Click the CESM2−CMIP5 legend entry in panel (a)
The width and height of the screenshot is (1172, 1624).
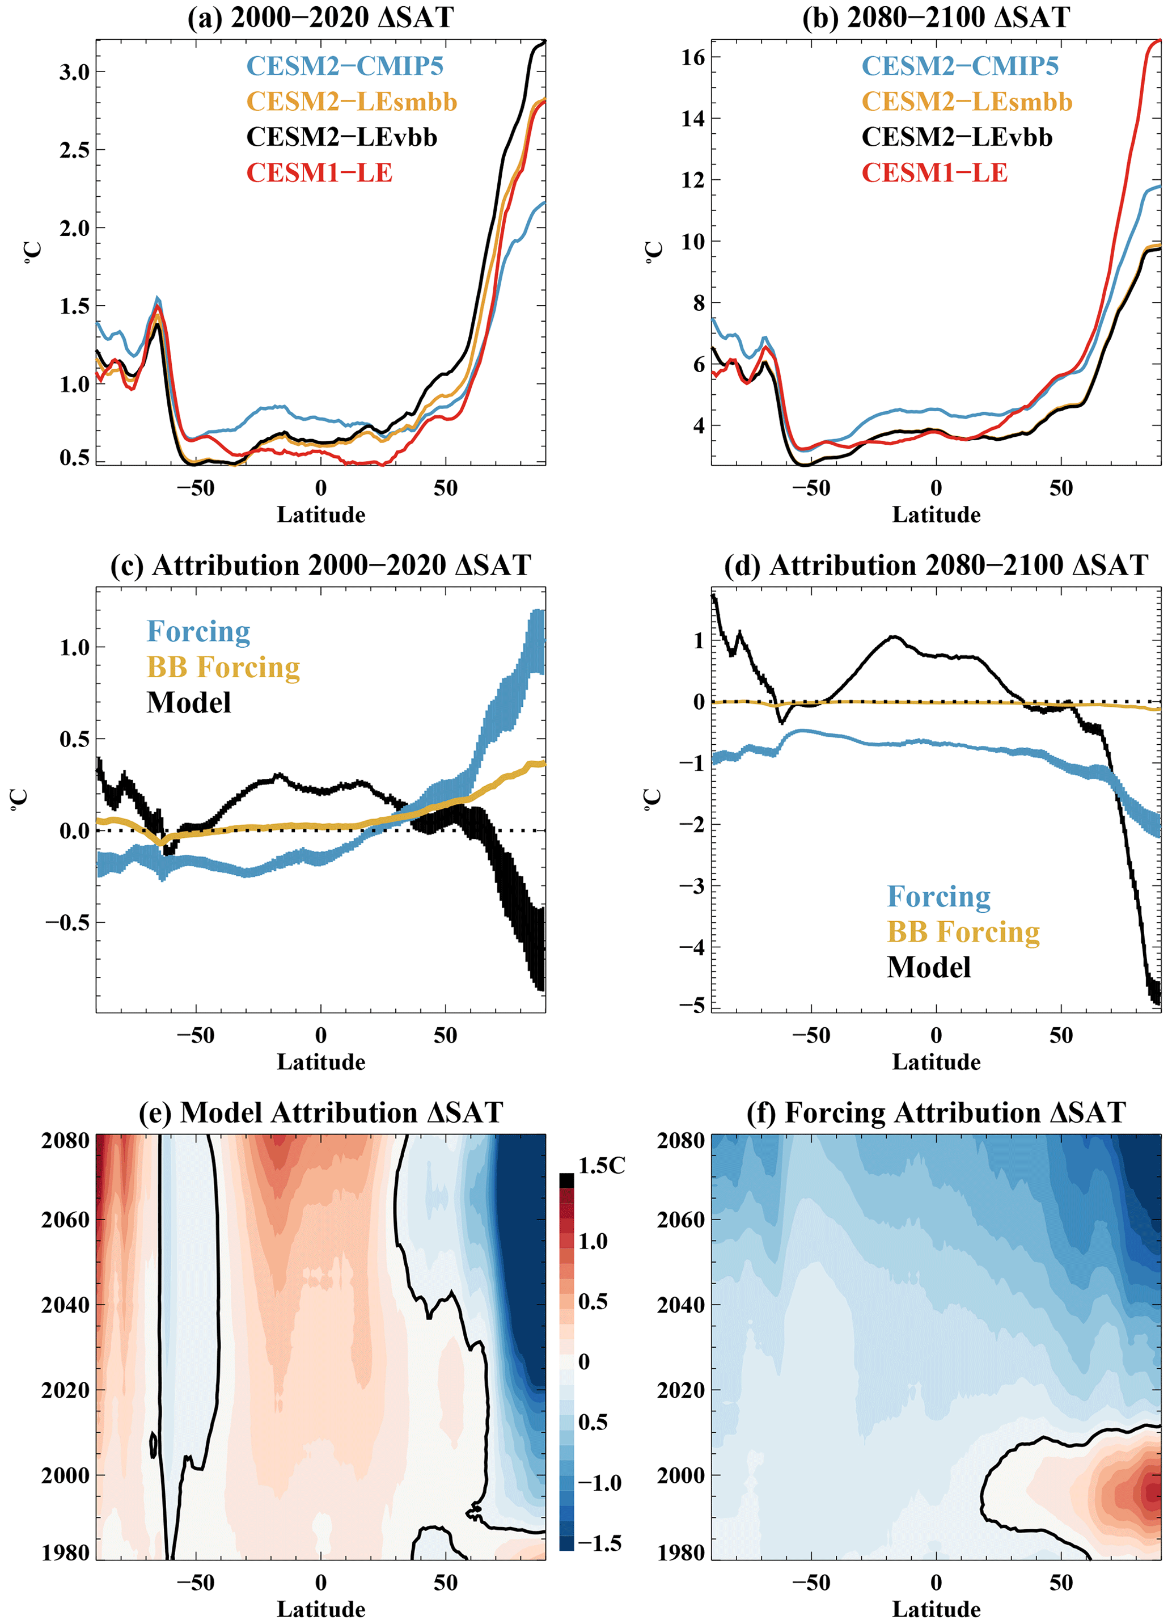click(345, 66)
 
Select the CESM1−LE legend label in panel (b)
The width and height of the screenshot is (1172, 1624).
click(934, 172)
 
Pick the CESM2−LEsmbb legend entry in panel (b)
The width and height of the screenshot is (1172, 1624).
click(967, 102)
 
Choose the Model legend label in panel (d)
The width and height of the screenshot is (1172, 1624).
click(929, 967)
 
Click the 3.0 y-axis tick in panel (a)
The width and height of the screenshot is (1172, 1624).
click(74, 72)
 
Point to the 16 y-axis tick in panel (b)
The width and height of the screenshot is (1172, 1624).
click(692, 57)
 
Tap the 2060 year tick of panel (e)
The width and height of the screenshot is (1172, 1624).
click(65, 1220)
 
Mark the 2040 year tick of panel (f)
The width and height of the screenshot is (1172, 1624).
click(681, 1305)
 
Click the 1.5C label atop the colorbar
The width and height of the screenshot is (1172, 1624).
click(602, 1166)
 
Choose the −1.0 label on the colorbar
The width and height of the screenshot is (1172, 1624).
click(599, 1483)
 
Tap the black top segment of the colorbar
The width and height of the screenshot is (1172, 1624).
click(566, 1180)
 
